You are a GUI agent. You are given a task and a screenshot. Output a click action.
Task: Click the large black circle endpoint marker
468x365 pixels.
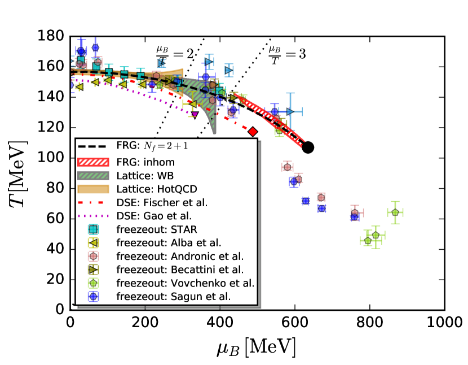point(308,147)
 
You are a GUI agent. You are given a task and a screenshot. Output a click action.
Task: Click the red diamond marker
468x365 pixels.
point(253,132)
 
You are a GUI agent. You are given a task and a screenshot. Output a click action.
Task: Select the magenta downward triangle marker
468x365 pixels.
point(195,115)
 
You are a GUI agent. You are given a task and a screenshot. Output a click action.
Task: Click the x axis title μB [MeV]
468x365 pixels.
point(256,345)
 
